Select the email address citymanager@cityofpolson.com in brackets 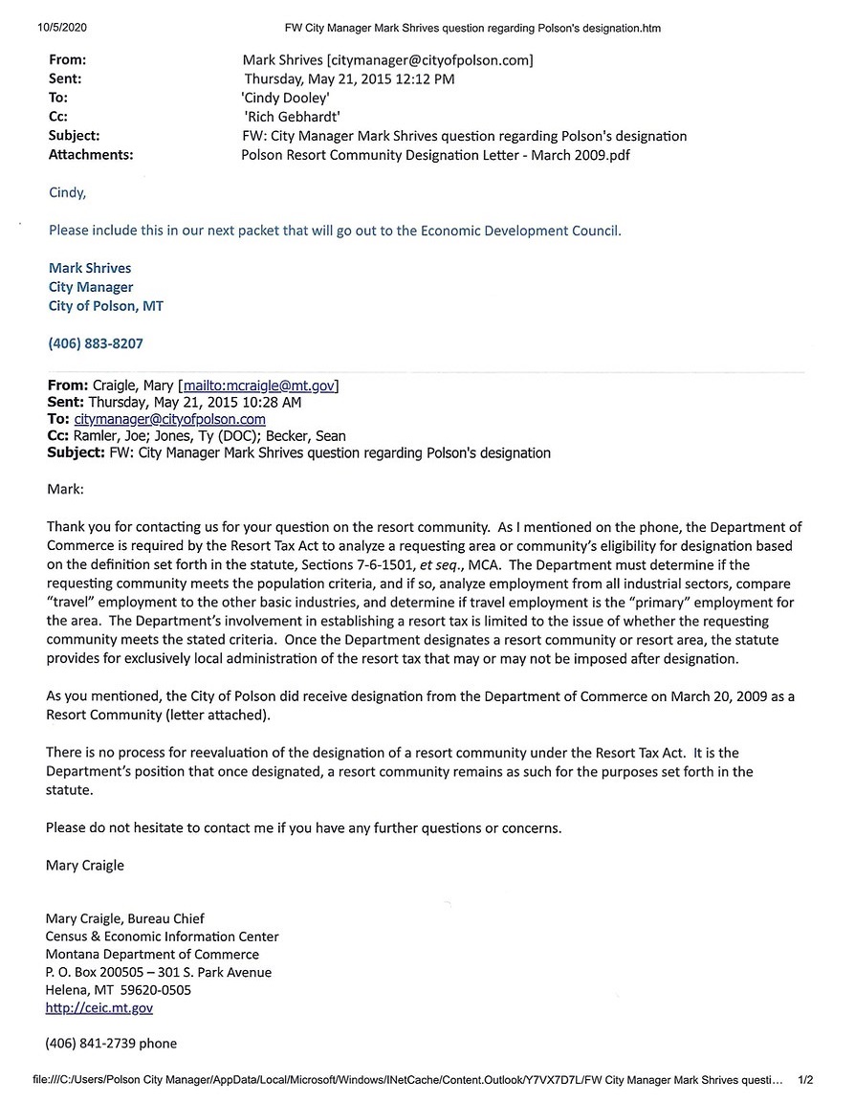pyautogui.click(x=429, y=60)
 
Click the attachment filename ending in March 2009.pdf pyautogui.click(x=435, y=154)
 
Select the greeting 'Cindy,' pyautogui.click(x=67, y=192)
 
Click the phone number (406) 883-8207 pyautogui.click(x=95, y=342)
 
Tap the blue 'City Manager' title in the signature pyautogui.click(x=91, y=287)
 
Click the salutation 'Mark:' pyautogui.click(x=65, y=489)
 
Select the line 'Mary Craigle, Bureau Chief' pyautogui.click(x=124, y=918)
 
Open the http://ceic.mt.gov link pyautogui.click(x=99, y=1007)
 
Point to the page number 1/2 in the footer pyautogui.click(x=805, y=1079)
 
